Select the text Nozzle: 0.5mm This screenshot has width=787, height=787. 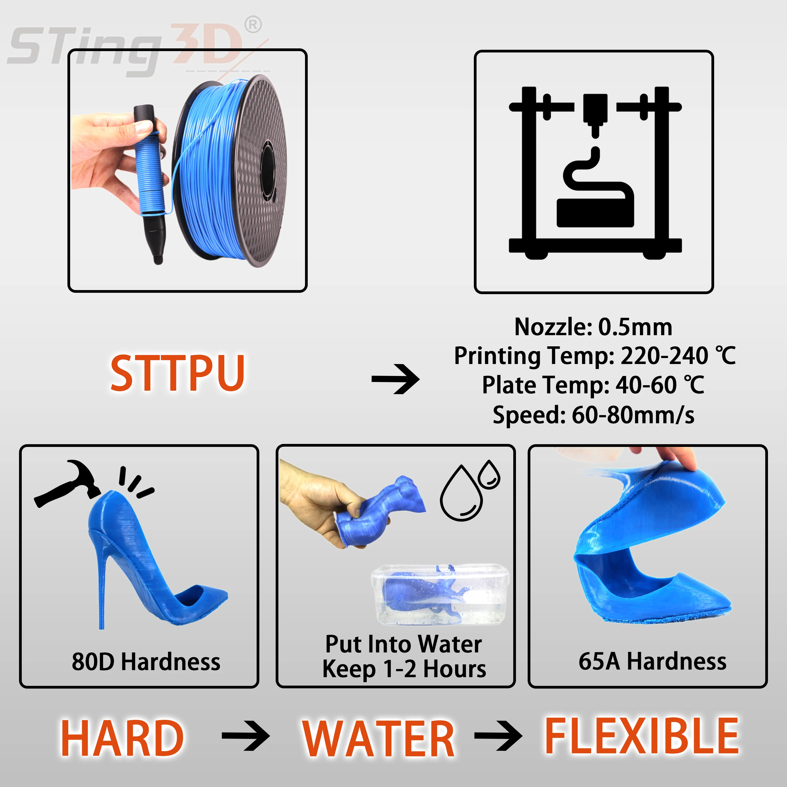(x=593, y=327)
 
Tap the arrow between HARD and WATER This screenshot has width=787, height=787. (x=246, y=736)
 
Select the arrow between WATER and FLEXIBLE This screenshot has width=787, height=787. (x=498, y=736)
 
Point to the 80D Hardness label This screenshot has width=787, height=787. (x=146, y=662)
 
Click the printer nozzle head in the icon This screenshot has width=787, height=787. (x=595, y=112)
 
